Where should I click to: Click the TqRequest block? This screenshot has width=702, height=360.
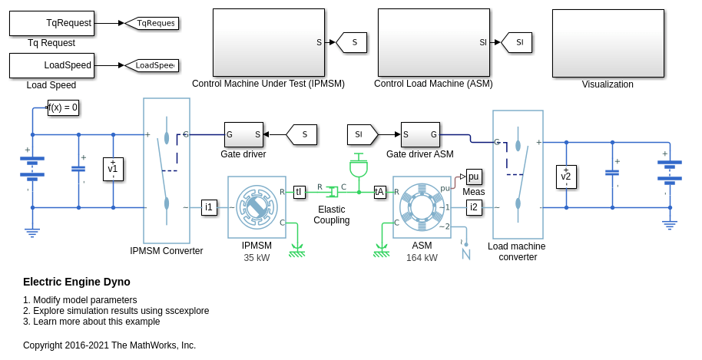click(x=51, y=23)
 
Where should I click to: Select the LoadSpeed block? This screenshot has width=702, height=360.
click(x=51, y=65)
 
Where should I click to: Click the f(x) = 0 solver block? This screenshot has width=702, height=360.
click(x=63, y=107)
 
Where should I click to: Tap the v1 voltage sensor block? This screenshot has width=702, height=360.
click(x=113, y=169)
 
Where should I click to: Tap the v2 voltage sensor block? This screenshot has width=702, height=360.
click(x=566, y=177)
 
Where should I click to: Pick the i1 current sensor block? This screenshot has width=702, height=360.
click(x=209, y=206)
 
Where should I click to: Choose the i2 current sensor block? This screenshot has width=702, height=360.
click(x=474, y=206)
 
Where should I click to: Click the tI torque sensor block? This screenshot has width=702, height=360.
click(x=299, y=192)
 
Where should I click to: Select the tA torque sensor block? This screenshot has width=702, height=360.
click(x=379, y=192)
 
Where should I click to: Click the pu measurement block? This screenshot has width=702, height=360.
click(x=473, y=177)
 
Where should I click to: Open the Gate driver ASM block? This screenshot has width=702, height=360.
click(x=420, y=134)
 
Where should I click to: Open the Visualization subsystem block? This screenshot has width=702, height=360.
click(x=608, y=43)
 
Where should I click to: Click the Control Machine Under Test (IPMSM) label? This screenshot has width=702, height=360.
click(x=268, y=84)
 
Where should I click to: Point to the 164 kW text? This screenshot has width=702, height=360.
click(x=422, y=258)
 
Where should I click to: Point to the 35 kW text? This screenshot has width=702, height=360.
click(x=257, y=258)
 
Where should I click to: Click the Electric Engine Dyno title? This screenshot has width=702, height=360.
click(x=77, y=282)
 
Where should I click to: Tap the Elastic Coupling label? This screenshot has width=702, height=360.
click(x=331, y=215)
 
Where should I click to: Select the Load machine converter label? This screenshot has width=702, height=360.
click(x=517, y=252)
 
